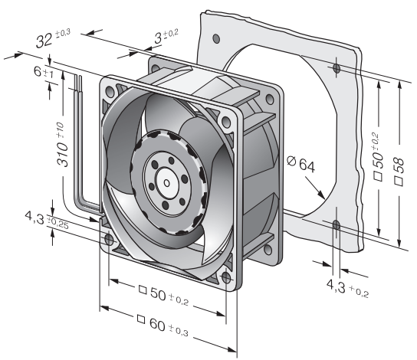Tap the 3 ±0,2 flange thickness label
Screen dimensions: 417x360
point(166,37)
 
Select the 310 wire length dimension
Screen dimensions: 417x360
point(62,144)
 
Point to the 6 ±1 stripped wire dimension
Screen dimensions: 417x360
point(44,72)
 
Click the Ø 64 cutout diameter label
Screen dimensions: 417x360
point(300,164)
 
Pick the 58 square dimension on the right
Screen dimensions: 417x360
point(399,172)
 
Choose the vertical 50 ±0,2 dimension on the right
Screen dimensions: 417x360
point(378,157)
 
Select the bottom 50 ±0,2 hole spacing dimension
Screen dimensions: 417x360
point(164,295)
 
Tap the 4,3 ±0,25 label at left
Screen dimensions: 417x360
point(47,220)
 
